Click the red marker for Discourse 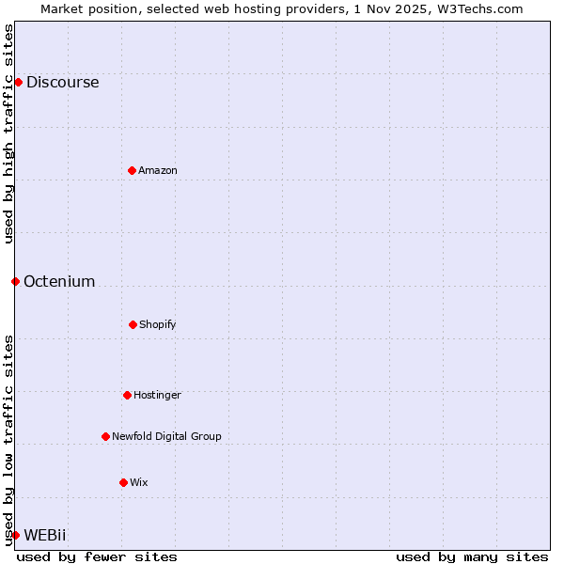pyautogui.click(x=18, y=82)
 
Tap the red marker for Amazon pyautogui.click(x=132, y=170)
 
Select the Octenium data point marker pyautogui.click(x=15, y=281)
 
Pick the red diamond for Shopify pyautogui.click(x=133, y=324)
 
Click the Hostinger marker pyautogui.click(x=127, y=395)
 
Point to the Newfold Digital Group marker pyautogui.click(x=105, y=436)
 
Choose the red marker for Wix pyautogui.click(x=123, y=482)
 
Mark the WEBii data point pyautogui.click(x=15, y=535)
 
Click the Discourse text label pyautogui.click(x=62, y=82)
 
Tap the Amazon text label pyautogui.click(x=158, y=170)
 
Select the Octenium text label pyautogui.click(x=59, y=281)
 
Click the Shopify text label pyautogui.click(x=158, y=324)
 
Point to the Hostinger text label pyautogui.click(x=157, y=395)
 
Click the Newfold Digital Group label pyautogui.click(x=166, y=436)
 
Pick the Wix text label pyautogui.click(x=139, y=482)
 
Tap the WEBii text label pyautogui.click(x=45, y=535)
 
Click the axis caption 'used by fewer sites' pyautogui.click(x=97, y=556)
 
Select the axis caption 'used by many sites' pyautogui.click(x=472, y=556)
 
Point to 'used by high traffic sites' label pyautogui.click(x=8, y=133)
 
